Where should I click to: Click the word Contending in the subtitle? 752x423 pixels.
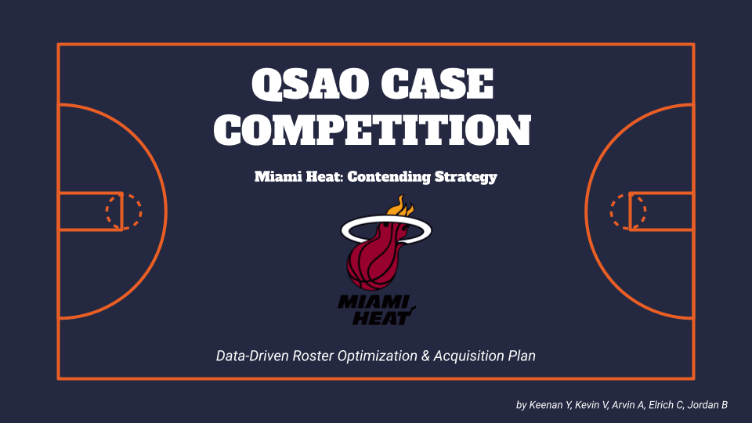[389, 177]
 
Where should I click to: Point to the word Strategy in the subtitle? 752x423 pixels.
[465, 177]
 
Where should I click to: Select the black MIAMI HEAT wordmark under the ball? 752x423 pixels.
[375, 309]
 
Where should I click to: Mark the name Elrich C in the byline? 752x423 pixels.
[667, 405]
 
